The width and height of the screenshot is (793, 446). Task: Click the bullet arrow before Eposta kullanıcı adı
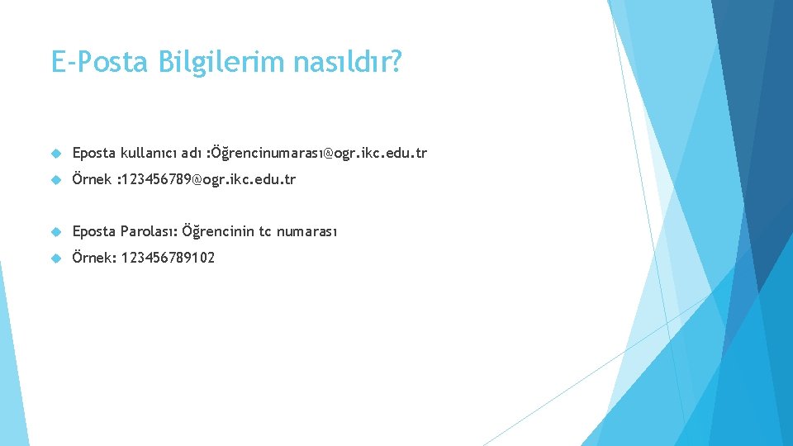pyautogui.click(x=56, y=153)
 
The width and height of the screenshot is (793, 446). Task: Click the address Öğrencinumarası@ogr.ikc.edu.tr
pyautogui.click(x=319, y=153)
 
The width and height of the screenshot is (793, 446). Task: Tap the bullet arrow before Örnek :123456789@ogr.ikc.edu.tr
pyautogui.click(x=56, y=179)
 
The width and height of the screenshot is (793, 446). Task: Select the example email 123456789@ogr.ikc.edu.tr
pyautogui.click(x=208, y=179)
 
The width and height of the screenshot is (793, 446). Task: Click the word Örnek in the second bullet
pyautogui.click(x=92, y=179)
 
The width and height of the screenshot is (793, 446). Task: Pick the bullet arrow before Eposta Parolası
pyautogui.click(x=56, y=231)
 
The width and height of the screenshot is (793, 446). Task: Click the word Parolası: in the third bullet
pyautogui.click(x=149, y=231)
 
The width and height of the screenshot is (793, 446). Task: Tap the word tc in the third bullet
pyautogui.click(x=265, y=231)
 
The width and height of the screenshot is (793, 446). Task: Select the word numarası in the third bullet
pyautogui.click(x=306, y=231)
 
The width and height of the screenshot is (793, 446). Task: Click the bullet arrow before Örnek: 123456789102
pyautogui.click(x=56, y=258)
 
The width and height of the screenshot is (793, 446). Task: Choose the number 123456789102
pyautogui.click(x=168, y=258)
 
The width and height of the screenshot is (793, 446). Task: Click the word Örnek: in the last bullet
pyautogui.click(x=93, y=258)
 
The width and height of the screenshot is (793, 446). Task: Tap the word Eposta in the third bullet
pyautogui.click(x=94, y=231)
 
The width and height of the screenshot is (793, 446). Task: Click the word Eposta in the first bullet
pyautogui.click(x=94, y=153)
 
